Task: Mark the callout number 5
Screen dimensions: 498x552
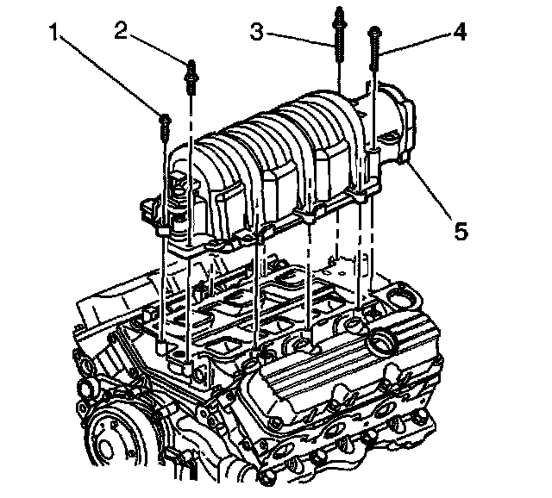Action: pyautogui.click(x=461, y=231)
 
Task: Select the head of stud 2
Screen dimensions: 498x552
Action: pyautogui.click(x=189, y=64)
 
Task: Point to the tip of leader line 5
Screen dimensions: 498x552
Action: pyautogui.click(x=410, y=165)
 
